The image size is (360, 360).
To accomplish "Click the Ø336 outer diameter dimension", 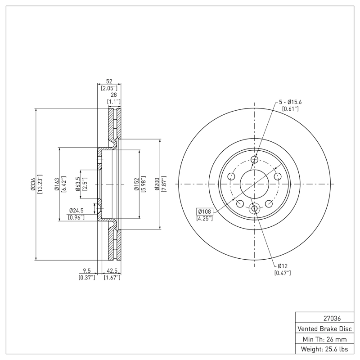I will click(x=33, y=184).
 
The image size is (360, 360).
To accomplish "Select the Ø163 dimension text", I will click(x=57, y=184).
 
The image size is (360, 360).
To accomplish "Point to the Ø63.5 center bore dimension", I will click(x=78, y=184).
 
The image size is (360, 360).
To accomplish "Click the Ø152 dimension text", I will click(x=135, y=184).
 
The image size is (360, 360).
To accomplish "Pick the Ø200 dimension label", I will click(x=157, y=184).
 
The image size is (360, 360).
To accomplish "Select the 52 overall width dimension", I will click(x=109, y=81).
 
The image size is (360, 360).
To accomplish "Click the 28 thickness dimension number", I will click(x=114, y=95).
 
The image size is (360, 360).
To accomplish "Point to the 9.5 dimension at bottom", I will click(x=87, y=271).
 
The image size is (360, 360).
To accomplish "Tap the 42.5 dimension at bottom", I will click(x=112, y=271).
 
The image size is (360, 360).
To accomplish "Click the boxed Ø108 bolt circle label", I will click(x=205, y=211).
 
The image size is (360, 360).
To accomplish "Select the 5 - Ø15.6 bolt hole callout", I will click(x=290, y=102).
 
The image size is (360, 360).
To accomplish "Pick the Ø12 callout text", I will click(x=283, y=265).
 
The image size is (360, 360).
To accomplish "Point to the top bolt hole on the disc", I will click(x=254, y=160).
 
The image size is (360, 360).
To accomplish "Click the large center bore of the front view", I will click(x=254, y=184).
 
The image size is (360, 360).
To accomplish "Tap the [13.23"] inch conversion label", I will click(x=40, y=184).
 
